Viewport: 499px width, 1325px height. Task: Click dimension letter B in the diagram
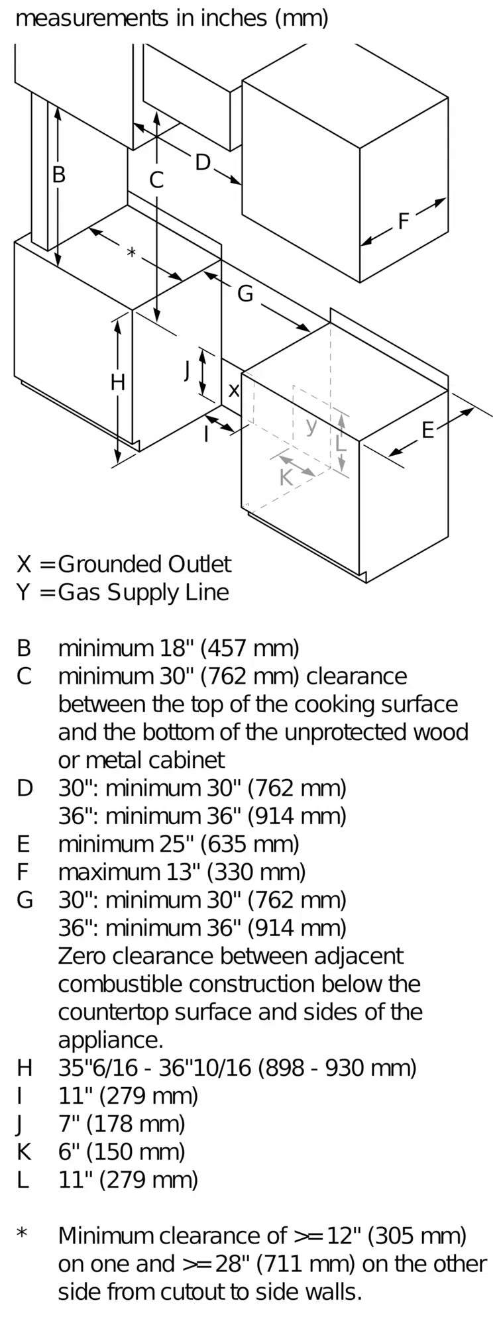pyautogui.click(x=59, y=175)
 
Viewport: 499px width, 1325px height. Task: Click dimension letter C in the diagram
pyautogui.click(x=156, y=180)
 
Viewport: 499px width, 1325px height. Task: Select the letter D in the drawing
pyautogui.click(x=203, y=162)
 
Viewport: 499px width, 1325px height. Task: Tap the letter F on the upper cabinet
pyautogui.click(x=404, y=221)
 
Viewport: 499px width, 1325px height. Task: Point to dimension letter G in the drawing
pyautogui.click(x=245, y=293)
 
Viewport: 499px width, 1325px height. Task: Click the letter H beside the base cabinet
pyautogui.click(x=118, y=382)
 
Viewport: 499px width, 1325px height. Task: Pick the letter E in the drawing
pyautogui.click(x=427, y=430)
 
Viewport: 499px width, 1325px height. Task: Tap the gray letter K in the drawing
pyautogui.click(x=286, y=477)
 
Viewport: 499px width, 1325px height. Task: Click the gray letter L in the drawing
pyautogui.click(x=341, y=443)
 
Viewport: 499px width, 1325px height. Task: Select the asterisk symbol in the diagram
pyautogui.click(x=131, y=252)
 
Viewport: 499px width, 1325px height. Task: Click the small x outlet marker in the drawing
pyautogui.click(x=233, y=391)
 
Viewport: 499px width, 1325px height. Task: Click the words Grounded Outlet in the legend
pyautogui.click(x=144, y=564)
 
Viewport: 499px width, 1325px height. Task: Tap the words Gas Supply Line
pyautogui.click(x=143, y=592)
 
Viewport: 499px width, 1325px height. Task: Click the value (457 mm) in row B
pyautogui.click(x=250, y=648)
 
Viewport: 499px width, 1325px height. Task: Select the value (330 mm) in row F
pyautogui.click(x=256, y=872)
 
